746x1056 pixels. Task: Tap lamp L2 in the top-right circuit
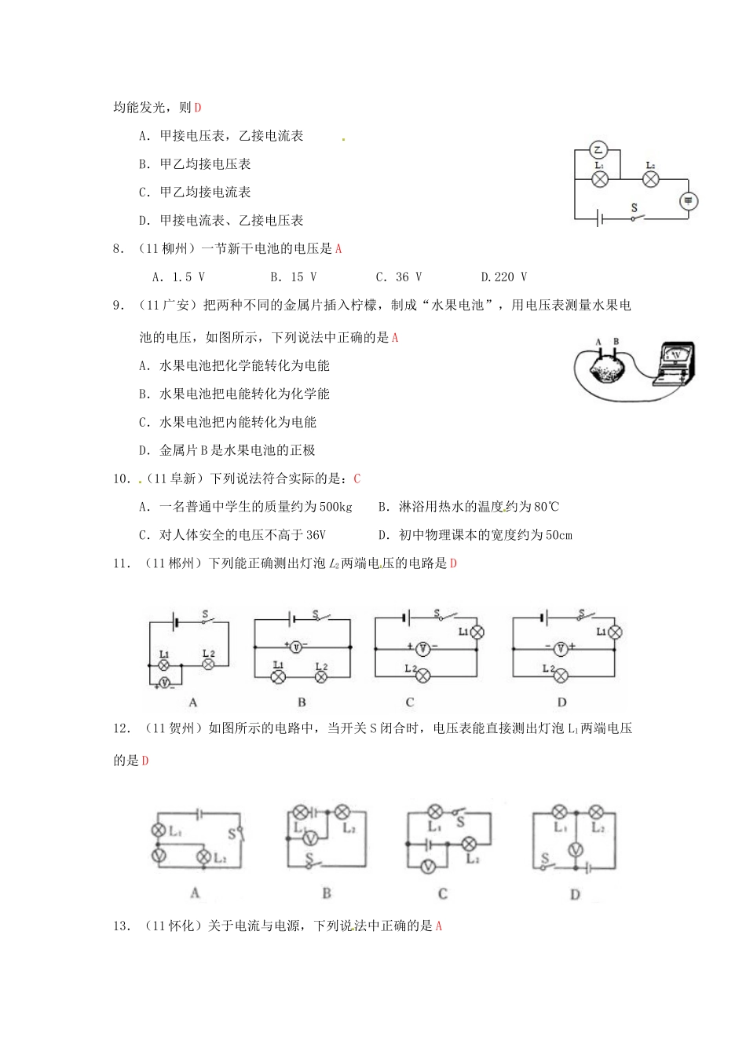pyautogui.click(x=650, y=179)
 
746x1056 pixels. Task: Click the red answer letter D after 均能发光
pyautogui.click(x=198, y=108)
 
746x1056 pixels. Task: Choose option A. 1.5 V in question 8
pyautogui.click(x=178, y=277)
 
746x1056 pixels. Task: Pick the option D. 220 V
pyautogui.click(x=503, y=277)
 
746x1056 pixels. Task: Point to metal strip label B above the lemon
pyautogui.click(x=616, y=342)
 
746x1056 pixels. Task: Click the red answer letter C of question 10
pyautogui.click(x=357, y=478)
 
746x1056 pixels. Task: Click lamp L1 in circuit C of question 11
pyautogui.click(x=476, y=631)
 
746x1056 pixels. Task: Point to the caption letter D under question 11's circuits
pyautogui.click(x=561, y=702)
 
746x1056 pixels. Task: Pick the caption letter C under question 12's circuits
pyautogui.click(x=443, y=893)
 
